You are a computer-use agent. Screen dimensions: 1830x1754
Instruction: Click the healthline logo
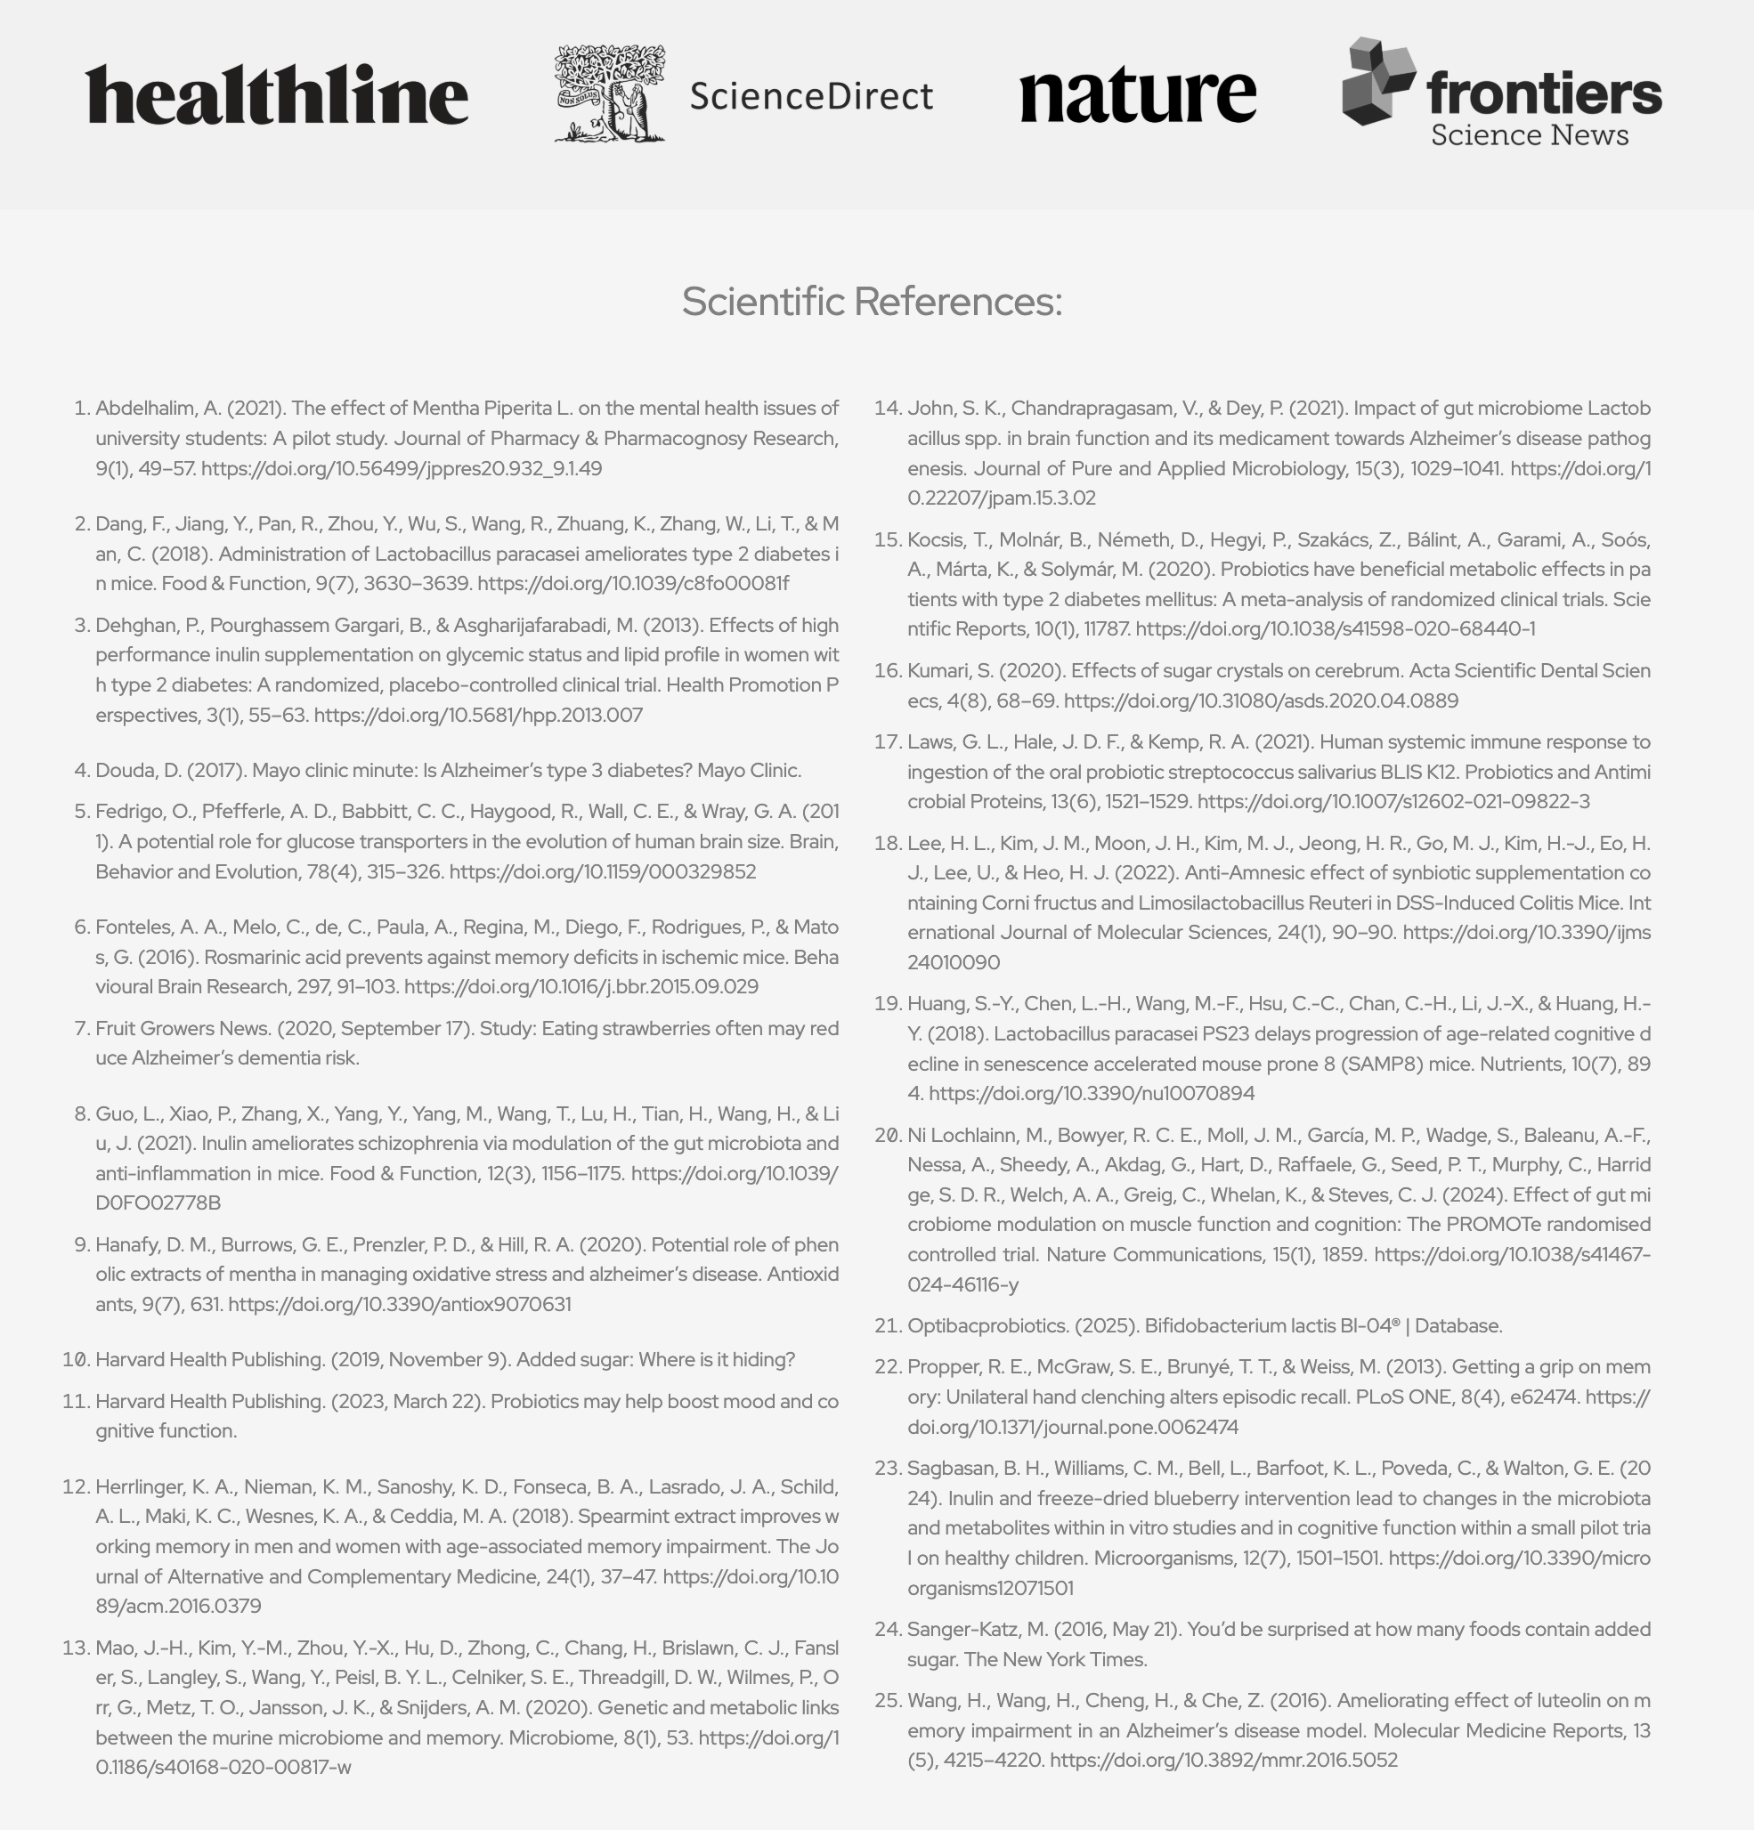pyautogui.click(x=277, y=94)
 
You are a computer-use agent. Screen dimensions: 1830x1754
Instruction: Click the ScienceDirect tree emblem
pyautogui.click(x=610, y=93)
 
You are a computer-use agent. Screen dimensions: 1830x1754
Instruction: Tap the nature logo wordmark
pyautogui.click(x=1138, y=94)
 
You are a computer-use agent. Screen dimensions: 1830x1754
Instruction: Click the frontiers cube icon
pyautogui.click(x=1376, y=82)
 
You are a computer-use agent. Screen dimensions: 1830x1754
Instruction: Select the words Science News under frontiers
pyautogui.click(x=1529, y=135)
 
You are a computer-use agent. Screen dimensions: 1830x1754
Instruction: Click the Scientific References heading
pyautogui.click(x=872, y=302)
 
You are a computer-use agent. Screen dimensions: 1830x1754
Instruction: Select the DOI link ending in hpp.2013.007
pyautogui.click(x=478, y=716)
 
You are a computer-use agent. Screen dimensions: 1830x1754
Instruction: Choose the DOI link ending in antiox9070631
pyautogui.click(x=399, y=1304)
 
